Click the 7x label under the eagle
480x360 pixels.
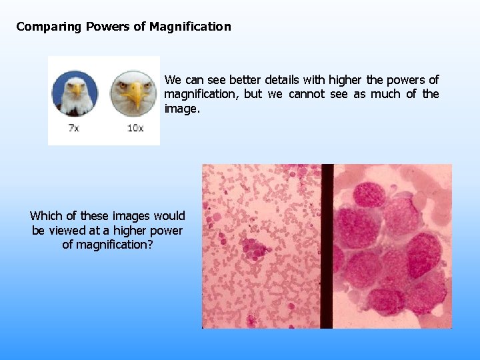tap(74, 127)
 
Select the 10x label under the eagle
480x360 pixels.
tap(135, 127)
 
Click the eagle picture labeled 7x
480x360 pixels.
tap(75, 94)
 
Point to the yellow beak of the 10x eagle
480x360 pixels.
tap(137, 97)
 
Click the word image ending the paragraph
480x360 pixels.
tap(180, 109)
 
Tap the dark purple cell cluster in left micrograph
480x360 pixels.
tap(255, 248)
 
